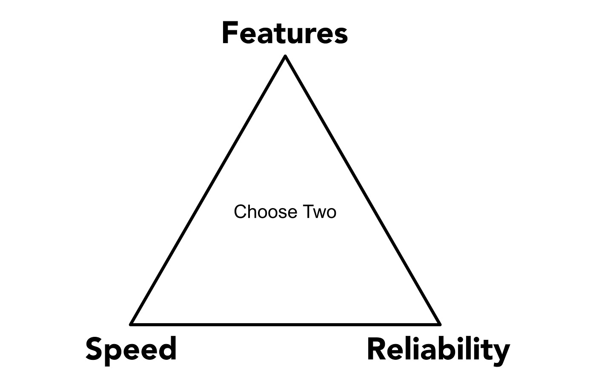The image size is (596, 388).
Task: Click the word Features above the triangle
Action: pos(284,34)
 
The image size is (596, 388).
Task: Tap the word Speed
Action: pos(131,348)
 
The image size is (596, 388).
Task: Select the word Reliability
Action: pos(438,349)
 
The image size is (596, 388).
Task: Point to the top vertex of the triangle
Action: pos(285,56)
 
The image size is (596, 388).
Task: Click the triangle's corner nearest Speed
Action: pos(132,324)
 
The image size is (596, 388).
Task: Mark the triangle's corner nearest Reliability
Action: pos(439,324)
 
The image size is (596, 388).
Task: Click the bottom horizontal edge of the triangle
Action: pos(285,324)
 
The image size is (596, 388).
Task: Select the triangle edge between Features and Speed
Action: pos(208,190)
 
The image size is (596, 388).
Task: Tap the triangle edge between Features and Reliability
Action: pos(362,190)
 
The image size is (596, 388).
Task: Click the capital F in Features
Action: pos(230,34)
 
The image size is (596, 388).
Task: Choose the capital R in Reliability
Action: pos(376,348)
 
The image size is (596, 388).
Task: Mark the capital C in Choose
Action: pos(240,212)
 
